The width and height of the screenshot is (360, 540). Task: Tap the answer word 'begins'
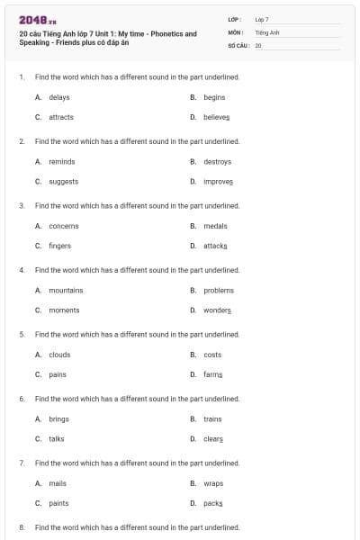[214, 97]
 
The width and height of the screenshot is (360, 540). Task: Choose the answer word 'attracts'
[61, 117]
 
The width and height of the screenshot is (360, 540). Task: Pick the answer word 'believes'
[217, 117]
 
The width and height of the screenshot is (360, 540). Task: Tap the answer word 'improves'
[218, 181]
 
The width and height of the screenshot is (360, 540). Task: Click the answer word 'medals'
[215, 226]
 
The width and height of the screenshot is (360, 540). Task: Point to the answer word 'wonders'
[217, 310]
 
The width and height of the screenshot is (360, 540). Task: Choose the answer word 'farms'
[212, 374]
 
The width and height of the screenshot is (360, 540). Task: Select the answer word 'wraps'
[213, 483]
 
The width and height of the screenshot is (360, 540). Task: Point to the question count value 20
[258, 44]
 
